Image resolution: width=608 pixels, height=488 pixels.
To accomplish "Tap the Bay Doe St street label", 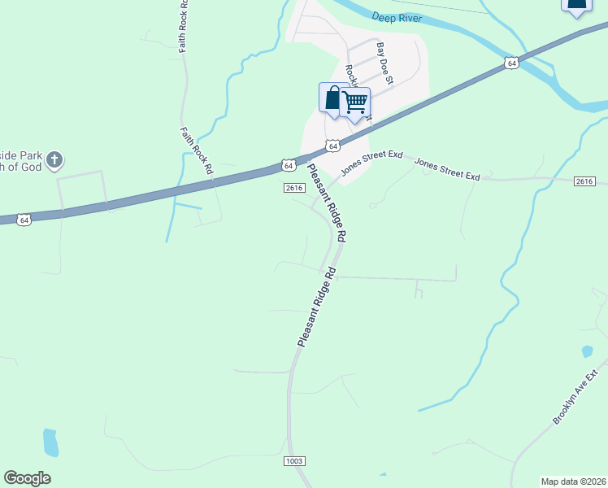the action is pyautogui.click(x=384, y=64).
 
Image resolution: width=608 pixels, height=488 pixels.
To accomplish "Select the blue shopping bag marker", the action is pyautogui.click(x=332, y=99).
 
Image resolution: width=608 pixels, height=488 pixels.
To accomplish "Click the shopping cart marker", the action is pyautogui.click(x=355, y=102).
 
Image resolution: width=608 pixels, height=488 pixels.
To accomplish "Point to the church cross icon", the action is pyautogui.click(x=54, y=159).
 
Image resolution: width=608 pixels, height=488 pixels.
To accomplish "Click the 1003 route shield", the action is pyautogui.click(x=294, y=461).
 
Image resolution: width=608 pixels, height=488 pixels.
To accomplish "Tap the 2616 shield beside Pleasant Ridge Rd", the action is pyautogui.click(x=294, y=188).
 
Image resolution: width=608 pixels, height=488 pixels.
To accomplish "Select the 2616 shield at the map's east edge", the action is pyautogui.click(x=584, y=181).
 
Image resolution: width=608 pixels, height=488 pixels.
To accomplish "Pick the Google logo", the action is pyautogui.click(x=27, y=478).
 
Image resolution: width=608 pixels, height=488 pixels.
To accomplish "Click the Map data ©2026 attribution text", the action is pyautogui.click(x=574, y=481).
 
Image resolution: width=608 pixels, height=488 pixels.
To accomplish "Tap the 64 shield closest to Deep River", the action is pyautogui.click(x=510, y=63).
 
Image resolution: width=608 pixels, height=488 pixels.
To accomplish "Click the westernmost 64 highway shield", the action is pyautogui.click(x=24, y=220).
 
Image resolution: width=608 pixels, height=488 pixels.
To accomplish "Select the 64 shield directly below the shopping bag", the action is pyautogui.click(x=332, y=146).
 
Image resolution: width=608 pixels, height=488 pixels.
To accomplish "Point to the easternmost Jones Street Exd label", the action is pyautogui.click(x=448, y=170).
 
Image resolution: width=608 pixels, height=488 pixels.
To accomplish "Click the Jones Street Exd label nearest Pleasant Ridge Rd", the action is pyautogui.click(x=371, y=161).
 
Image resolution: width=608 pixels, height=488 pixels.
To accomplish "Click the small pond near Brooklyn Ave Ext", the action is pyautogui.click(x=587, y=352).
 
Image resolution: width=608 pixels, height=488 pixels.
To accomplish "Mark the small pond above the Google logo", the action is pyautogui.click(x=50, y=442).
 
